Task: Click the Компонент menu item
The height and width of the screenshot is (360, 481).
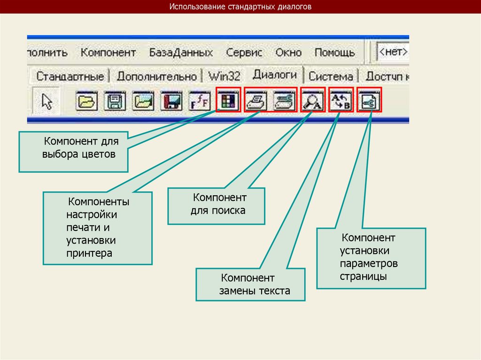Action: (108, 52)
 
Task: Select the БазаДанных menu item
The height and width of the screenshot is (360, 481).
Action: (181, 52)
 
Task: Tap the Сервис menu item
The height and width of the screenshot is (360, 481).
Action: (244, 52)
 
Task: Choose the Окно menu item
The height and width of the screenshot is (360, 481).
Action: (288, 52)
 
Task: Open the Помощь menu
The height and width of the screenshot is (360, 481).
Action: (334, 52)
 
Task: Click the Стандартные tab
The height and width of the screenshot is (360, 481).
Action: (70, 76)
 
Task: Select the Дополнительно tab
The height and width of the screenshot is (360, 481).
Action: (156, 76)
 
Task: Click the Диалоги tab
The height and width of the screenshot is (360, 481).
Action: (275, 75)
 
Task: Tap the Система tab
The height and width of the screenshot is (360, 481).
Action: (331, 76)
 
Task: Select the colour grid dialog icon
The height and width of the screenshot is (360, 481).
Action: (229, 100)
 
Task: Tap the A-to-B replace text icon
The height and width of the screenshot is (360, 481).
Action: (341, 100)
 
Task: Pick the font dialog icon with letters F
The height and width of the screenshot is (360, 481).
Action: (200, 100)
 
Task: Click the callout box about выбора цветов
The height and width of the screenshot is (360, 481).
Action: (74, 151)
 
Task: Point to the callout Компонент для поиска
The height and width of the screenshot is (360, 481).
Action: (217, 206)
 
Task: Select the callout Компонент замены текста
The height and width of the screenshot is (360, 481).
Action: (251, 284)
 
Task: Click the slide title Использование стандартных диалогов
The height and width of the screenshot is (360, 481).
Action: (240, 8)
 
